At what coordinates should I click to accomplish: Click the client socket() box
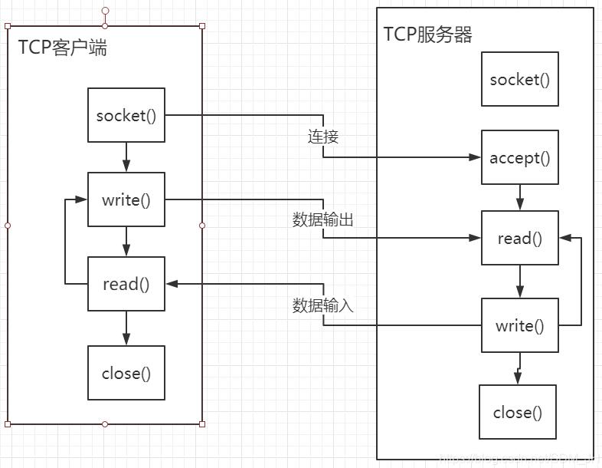126,115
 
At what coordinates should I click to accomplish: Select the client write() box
126,199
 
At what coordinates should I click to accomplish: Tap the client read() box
126,284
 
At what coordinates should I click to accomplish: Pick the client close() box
126,373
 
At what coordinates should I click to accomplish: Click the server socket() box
519,79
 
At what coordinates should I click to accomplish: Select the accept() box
519,157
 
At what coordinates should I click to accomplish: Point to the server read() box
519,238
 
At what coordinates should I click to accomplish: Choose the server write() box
519,325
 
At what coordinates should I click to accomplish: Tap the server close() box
517,412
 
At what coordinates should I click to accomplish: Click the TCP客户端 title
63,48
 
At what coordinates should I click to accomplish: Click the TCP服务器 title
427,35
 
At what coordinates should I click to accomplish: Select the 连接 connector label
323,137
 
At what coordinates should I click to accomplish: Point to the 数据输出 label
322,219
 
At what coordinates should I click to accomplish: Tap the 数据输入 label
322,305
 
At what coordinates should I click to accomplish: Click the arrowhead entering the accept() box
475,157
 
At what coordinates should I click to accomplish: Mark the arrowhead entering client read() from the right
171,284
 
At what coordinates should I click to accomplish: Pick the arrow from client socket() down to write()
126,157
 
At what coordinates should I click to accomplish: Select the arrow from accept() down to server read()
520,197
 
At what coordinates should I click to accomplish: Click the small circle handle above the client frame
106,12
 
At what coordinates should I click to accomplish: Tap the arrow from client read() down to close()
126,328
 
